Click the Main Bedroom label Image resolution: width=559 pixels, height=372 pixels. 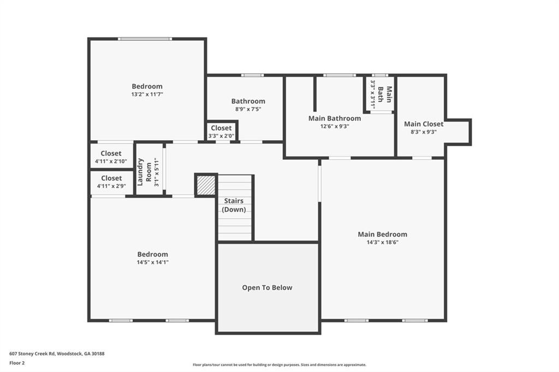tap(382, 234)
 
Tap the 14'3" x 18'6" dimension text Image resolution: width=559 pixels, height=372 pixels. tap(382, 242)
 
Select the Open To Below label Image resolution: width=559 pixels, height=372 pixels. tap(267, 287)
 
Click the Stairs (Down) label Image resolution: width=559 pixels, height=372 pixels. tap(234, 205)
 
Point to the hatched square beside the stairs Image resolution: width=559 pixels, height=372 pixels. tap(206, 185)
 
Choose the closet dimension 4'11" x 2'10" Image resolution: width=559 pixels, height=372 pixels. tap(111, 161)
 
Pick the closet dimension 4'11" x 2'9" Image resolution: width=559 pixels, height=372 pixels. tap(111, 185)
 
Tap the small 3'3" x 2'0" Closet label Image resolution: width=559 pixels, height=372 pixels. tap(221, 128)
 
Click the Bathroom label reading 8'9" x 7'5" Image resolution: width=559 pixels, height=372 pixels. tap(248, 101)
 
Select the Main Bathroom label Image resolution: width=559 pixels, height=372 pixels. tap(334, 118)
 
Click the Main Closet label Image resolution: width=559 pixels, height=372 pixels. tap(423, 124)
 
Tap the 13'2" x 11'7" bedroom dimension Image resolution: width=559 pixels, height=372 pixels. tap(147, 94)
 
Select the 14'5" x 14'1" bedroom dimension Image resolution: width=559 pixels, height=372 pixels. tap(152, 262)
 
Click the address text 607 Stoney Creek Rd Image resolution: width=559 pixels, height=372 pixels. tap(57, 353)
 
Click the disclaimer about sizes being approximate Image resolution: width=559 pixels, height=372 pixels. tap(279, 365)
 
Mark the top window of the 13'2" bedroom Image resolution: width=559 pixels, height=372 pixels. tap(145, 38)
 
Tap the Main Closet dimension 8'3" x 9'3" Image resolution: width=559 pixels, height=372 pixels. tap(423, 131)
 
